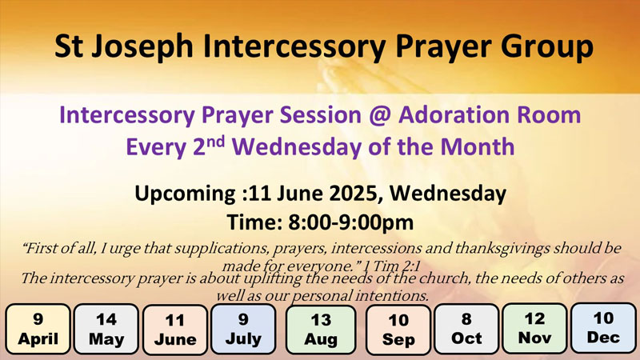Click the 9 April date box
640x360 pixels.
tap(38, 329)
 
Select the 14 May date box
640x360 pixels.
tap(106, 329)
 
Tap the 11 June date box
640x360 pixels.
tap(175, 330)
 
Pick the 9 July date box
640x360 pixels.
tap(243, 329)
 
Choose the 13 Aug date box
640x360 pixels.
tap(321, 330)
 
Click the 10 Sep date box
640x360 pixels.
tap(398, 330)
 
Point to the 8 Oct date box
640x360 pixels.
tap(466, 329)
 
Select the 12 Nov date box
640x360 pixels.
tap(534, 328)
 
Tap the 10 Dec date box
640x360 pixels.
tap(603, 328)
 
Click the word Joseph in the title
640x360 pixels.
tap(142, 46)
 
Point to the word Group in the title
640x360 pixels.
tap(547, 46)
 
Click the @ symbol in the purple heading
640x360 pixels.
tap(379, 115)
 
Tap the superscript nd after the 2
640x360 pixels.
tap(215, 142)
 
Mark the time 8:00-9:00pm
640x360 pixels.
tap(351, 222)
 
